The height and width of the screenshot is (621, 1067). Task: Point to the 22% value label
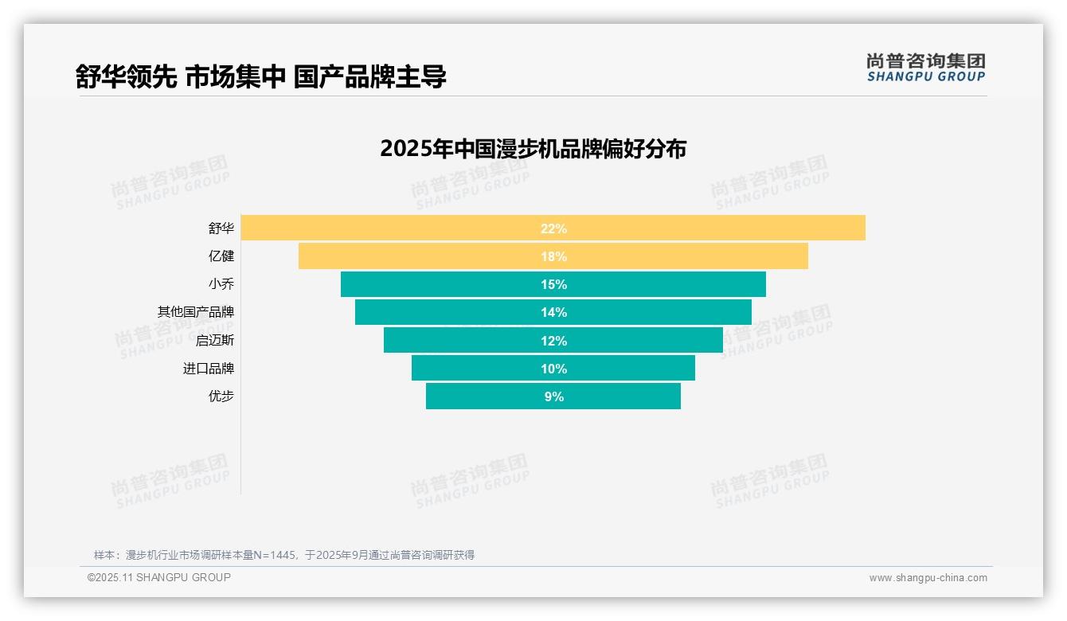pos(553,228)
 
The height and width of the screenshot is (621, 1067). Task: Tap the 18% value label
pos(553,256)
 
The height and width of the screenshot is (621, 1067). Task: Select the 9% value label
pos(553,396)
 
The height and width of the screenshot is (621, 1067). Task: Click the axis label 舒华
pos(221,228)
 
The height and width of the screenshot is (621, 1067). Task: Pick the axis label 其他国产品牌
pos(196,312)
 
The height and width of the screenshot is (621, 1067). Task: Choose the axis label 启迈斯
pos(215,341)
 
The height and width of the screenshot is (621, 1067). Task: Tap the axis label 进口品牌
pos(209,369)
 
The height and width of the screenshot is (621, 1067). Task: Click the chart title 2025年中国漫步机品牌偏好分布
pos(533,149)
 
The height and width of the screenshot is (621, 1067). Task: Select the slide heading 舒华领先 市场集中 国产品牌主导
pos(260,76)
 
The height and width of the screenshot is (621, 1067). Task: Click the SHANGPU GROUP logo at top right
pos(926,68)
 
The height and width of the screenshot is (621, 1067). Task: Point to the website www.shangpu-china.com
pos(928,578)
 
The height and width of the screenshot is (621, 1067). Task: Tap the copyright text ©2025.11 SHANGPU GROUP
pos(159,577)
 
